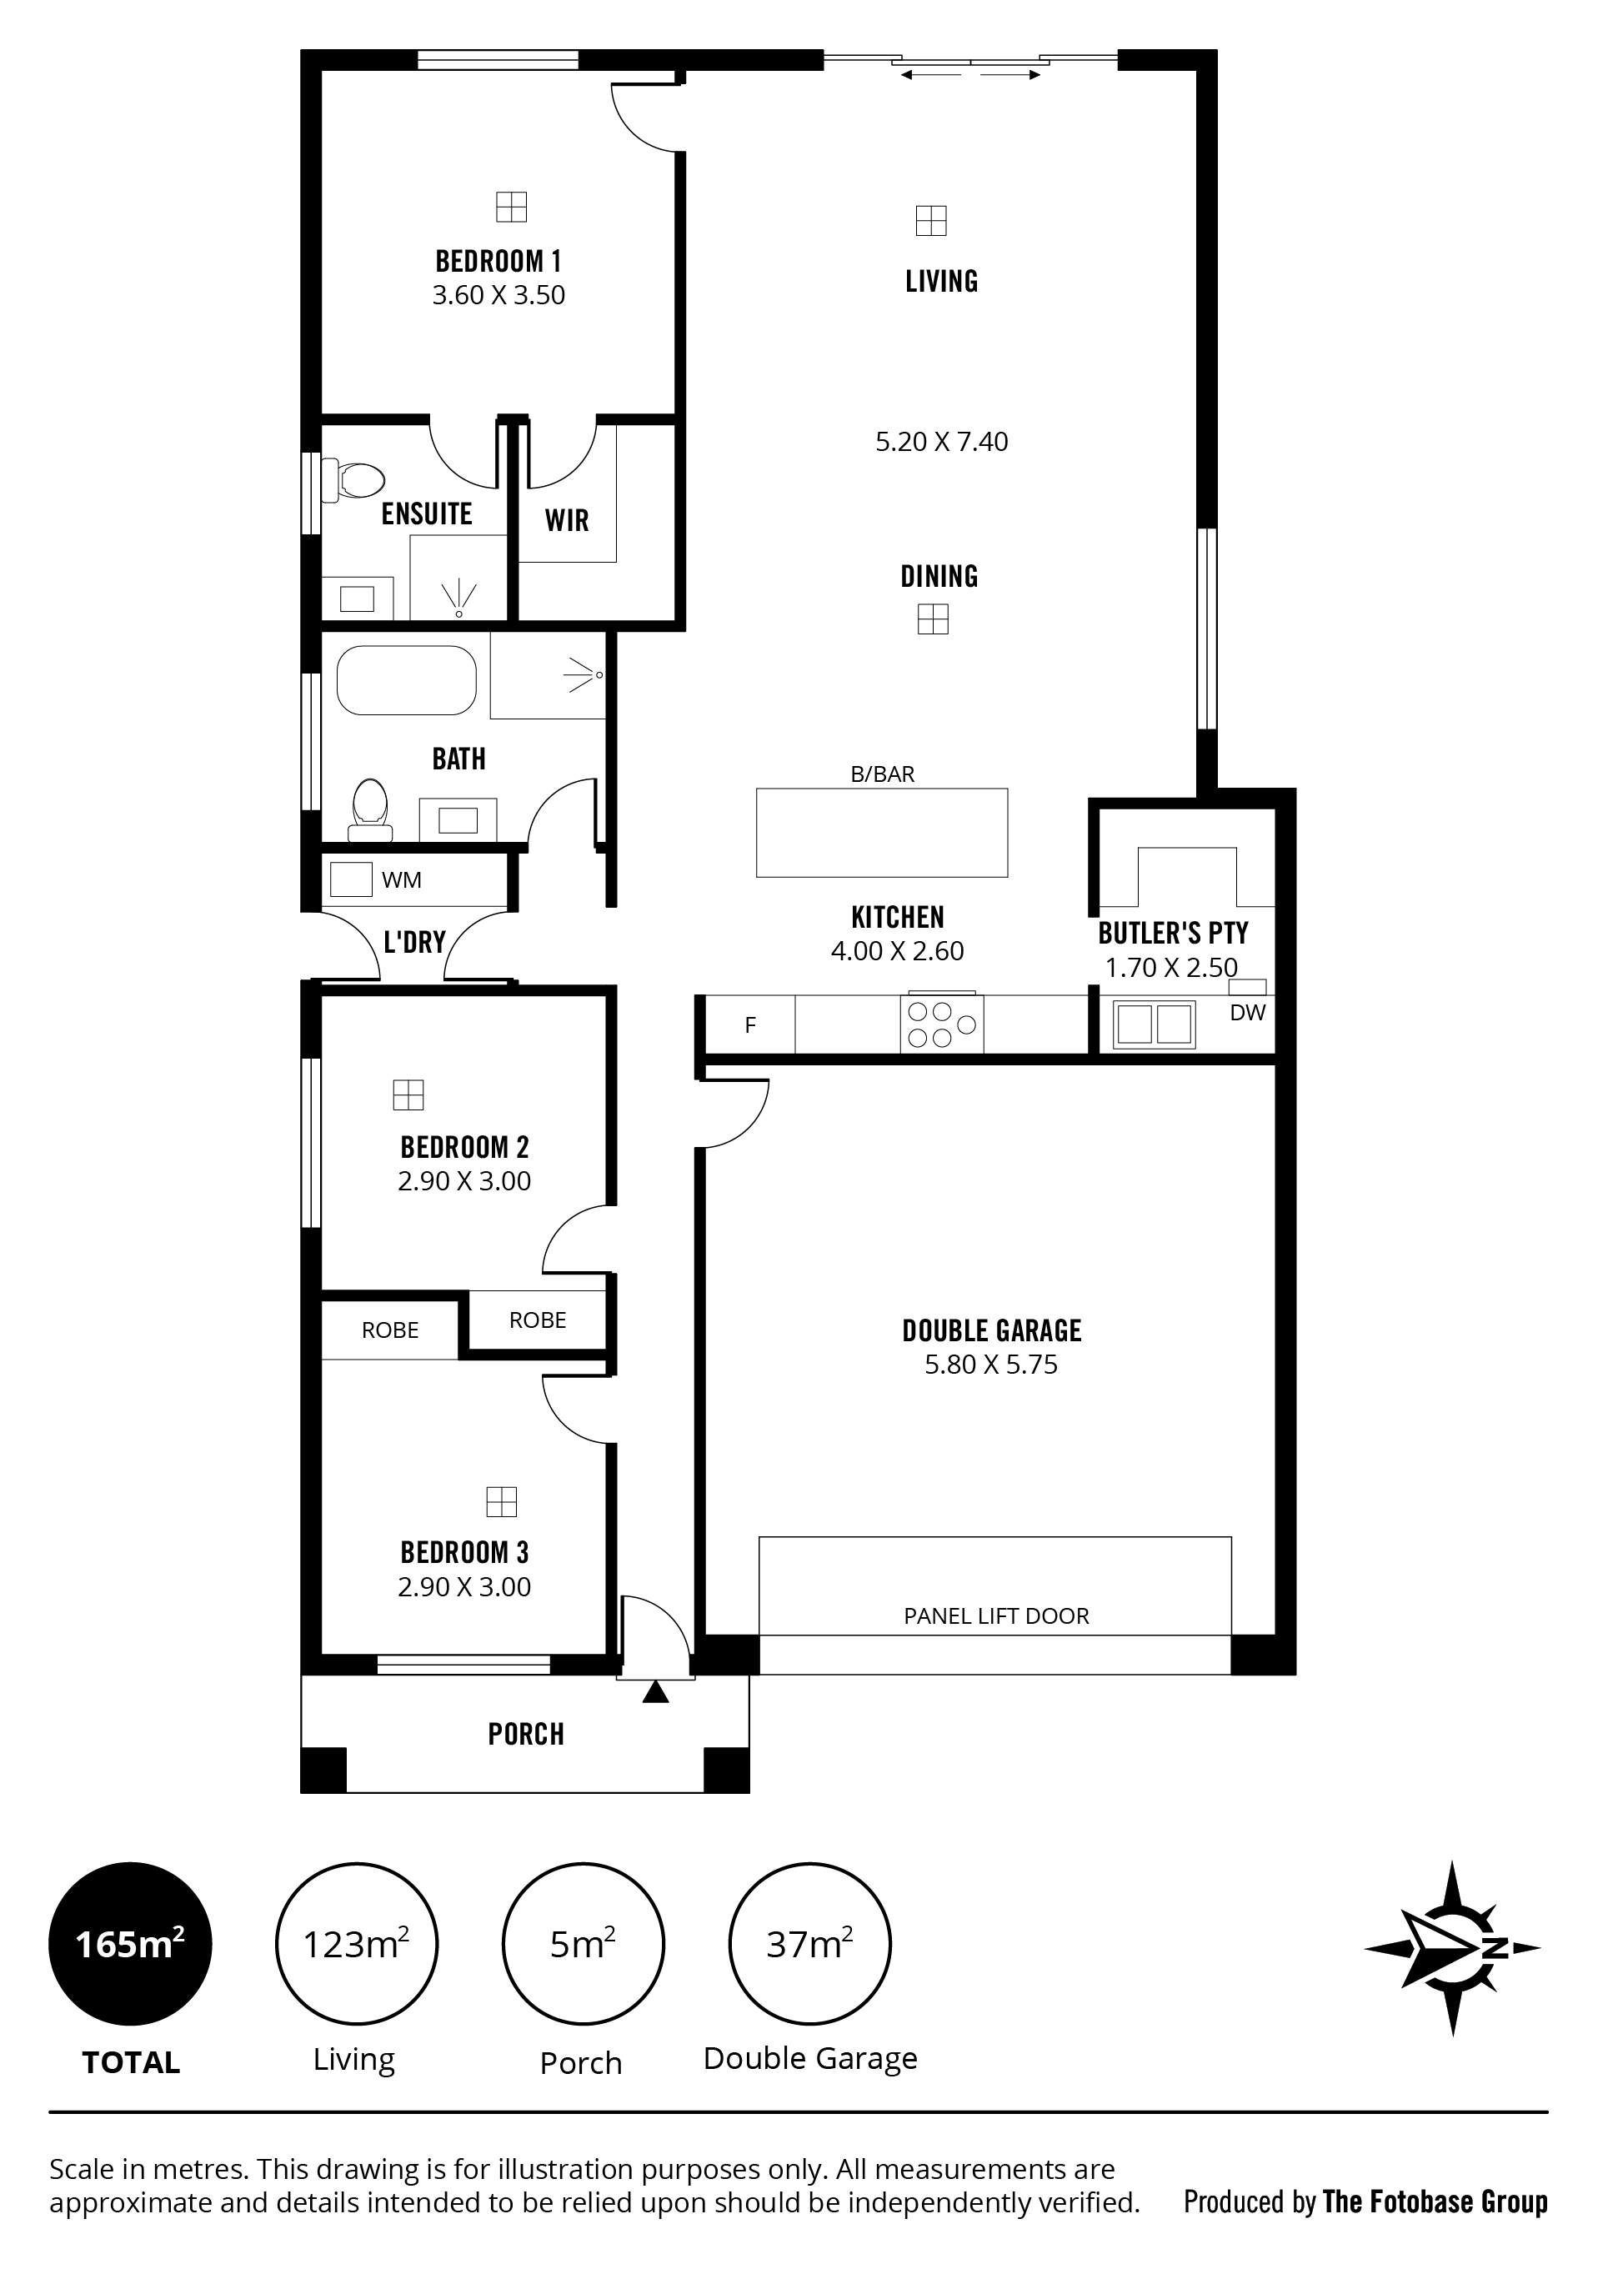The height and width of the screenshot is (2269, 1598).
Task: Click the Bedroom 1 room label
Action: pos(498,261)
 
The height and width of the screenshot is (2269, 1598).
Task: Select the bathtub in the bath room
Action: pos(406,680)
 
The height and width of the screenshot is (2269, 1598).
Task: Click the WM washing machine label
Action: pos(401,879)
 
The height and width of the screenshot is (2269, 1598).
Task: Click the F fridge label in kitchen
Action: pos(750,1026)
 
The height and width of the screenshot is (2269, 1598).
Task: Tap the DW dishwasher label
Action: pos(1247,1012)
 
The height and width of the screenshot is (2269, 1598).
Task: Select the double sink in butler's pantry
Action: pos(1155,1024)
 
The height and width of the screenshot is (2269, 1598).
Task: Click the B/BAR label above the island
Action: pos(883,774)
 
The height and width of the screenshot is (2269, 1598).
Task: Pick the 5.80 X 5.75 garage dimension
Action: pos(991,1365)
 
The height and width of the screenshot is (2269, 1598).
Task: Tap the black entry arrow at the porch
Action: pos(655,1692)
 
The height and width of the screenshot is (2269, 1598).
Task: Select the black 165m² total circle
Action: pos(130,1944)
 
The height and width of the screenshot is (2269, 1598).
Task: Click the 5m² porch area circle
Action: pos(583,1944)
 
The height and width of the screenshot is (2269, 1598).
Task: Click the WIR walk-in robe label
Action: pos(566,520)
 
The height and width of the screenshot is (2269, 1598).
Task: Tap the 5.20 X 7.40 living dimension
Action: pos(942,442)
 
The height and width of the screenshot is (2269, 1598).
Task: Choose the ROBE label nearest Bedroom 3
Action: pos(390,1330)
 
